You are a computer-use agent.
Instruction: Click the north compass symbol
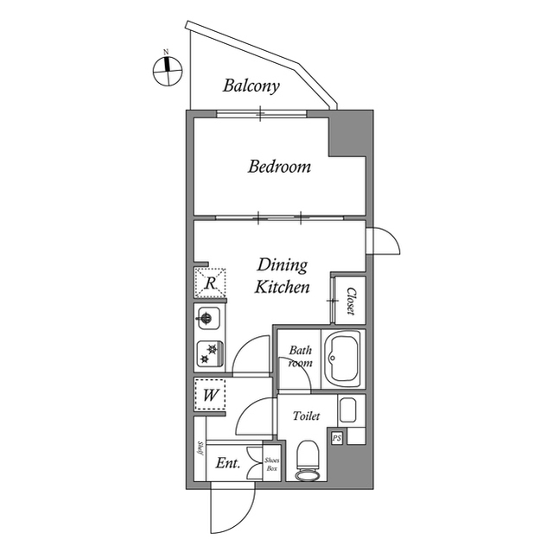coord(167,71)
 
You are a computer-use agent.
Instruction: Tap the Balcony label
coord(251,86)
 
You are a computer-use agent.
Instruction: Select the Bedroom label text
coord(279,167)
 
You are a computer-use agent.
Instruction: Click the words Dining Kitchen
coord(282,276)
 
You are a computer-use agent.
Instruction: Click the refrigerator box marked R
coord(209,282)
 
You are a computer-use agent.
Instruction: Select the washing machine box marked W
coord(209,396)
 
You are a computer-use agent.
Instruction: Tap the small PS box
coord(337,438)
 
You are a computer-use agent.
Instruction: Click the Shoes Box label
coord(271,466)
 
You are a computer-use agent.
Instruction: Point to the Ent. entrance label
coord(227,464)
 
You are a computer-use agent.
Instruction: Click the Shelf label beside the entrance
coord(200,447)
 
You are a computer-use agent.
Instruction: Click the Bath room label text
coord(300,357)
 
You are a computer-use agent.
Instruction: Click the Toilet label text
coord(306,416)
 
